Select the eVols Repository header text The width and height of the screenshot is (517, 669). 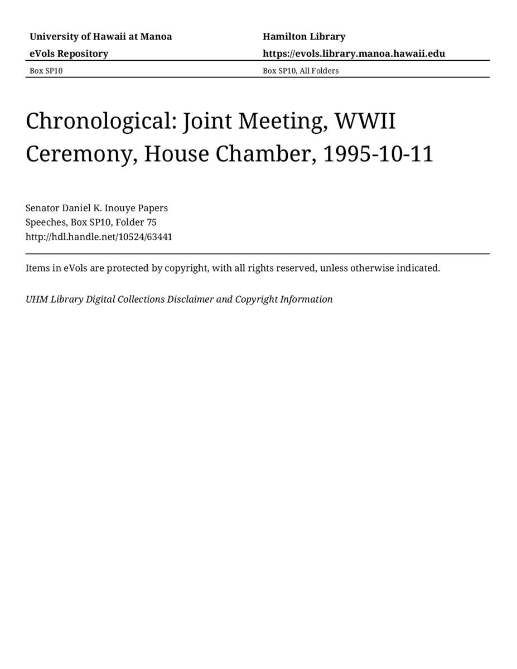(69, 54)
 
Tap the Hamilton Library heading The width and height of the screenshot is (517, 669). (304, 37)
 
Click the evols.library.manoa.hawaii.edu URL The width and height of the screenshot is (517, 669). (354, 54)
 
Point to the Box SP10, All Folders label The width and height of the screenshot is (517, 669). (301, 71)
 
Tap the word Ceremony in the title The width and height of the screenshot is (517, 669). (78, 154)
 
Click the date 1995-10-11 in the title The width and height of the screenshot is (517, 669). (378, 154)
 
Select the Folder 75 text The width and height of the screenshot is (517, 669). (136, 222)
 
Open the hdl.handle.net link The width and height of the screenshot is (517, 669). (99, 237)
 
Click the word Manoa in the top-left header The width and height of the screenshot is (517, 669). (156, 37)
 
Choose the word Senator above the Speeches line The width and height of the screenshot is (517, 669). (42, 208)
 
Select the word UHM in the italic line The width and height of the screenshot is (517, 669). (37, 299)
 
